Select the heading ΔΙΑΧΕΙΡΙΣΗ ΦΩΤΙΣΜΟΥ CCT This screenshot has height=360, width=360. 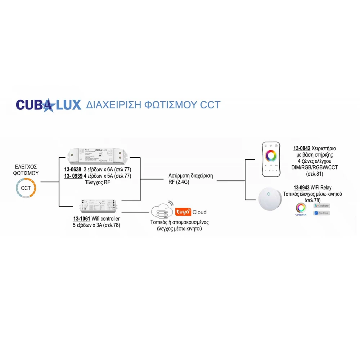(153, 105)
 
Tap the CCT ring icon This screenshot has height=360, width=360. (26, 188)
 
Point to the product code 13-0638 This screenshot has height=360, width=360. (72, 169)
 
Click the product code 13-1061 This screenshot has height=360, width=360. (82, 219)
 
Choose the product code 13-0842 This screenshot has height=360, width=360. (302, 148)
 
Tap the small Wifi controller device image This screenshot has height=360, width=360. (97, 206)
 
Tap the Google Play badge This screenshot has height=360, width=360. (321, 206)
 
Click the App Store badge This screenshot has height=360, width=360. (321, 213)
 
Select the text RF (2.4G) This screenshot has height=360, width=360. (179, 182)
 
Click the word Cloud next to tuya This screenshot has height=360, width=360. (199, 212)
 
